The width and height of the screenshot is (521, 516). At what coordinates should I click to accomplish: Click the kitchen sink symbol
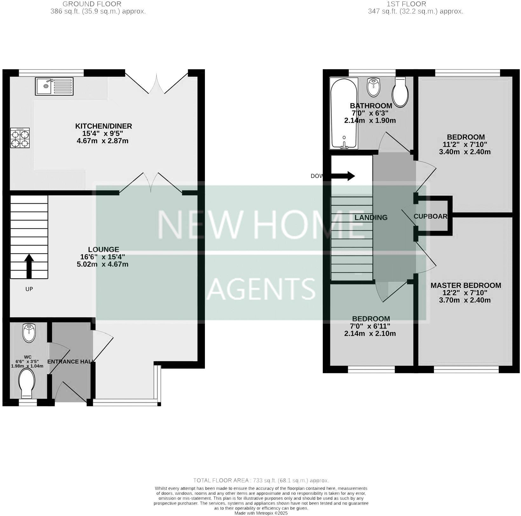click(54, 86)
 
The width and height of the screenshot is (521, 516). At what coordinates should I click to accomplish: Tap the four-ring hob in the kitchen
click(20, 138)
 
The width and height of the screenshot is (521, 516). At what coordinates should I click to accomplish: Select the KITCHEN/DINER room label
click(103, 126)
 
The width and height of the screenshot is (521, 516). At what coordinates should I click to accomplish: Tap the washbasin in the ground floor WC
click(29, 333)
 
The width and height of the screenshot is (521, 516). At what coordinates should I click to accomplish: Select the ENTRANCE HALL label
click(70, 362)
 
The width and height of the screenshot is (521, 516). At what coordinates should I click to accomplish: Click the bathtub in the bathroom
click(344, 113)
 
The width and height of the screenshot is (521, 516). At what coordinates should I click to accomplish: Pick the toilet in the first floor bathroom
click(401, 92)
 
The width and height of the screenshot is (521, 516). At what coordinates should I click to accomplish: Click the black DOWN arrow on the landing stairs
click(343, 176)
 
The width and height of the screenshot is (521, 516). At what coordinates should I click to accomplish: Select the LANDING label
click(371, 218)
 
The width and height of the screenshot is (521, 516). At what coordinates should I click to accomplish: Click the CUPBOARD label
click(430, 216)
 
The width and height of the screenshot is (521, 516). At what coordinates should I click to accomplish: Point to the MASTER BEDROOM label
click(466, 285)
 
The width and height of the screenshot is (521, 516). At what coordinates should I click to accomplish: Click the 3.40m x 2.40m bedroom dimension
click(465, 152)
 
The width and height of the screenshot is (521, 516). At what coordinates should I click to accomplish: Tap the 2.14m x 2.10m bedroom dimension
click(370, 334)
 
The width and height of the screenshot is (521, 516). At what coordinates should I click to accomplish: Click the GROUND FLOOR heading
click(91, 4)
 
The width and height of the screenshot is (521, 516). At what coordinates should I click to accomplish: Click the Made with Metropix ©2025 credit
click(261, 513)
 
